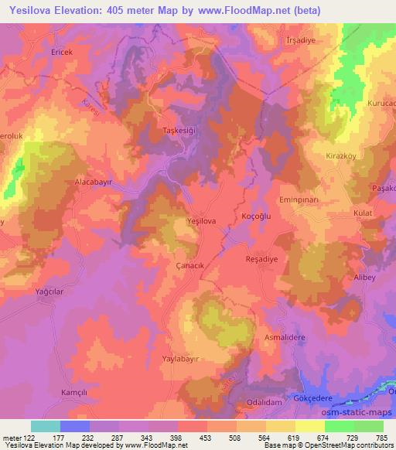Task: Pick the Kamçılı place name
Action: pyautogui.click(x=76, y=393)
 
